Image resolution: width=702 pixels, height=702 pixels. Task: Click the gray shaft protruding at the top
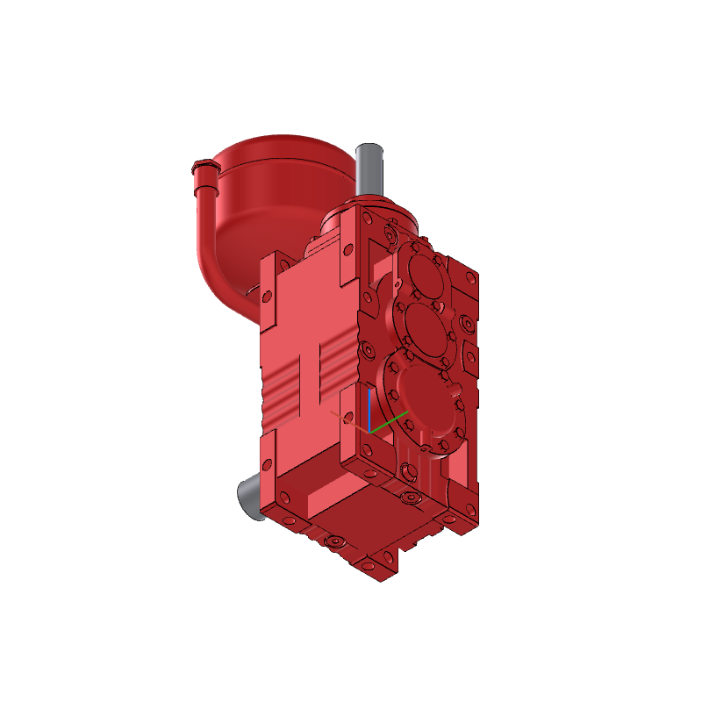[369, 171]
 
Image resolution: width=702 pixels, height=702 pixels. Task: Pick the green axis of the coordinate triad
[391, 420]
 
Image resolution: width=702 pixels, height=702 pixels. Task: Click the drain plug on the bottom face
[333, 542]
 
